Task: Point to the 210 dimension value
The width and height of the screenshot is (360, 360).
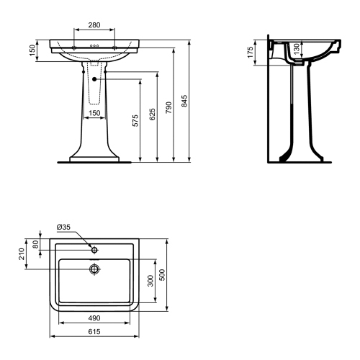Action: click(22, 252)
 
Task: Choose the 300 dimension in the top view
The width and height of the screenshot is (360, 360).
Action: click(149, 279)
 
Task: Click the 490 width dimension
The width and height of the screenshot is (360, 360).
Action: click(94, 318)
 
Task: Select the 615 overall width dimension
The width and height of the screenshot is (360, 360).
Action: click(94, 333)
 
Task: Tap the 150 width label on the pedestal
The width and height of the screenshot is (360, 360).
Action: click(94, 113)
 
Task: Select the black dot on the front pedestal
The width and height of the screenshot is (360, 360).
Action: click(94, 77)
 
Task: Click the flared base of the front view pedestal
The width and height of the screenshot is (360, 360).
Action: click(94, 154)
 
